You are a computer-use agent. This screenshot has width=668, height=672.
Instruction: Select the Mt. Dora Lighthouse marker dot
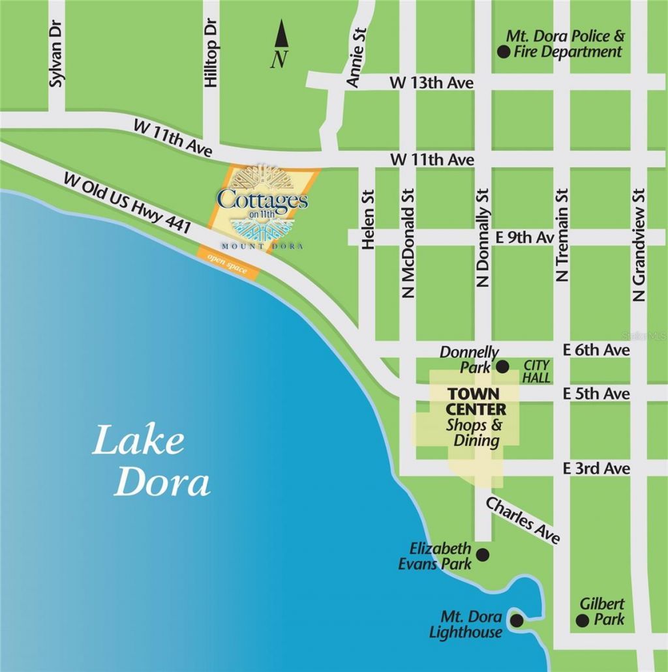pos(516,620)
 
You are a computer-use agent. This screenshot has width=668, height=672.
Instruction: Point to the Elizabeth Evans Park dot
pos(483,555)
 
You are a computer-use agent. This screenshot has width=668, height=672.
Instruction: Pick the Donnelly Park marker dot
pos(502,366)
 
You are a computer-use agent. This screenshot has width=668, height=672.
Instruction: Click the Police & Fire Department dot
pos(503,52)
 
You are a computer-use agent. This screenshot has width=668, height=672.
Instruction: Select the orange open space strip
pos(230,263)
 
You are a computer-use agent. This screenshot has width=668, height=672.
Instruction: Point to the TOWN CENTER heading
pos(473,402)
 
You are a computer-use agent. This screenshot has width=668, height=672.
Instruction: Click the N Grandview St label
pos(639,244)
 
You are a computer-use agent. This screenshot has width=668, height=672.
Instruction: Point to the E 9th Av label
pos(524,238)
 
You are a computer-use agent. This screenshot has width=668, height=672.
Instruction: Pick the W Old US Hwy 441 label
pos(127,204)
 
